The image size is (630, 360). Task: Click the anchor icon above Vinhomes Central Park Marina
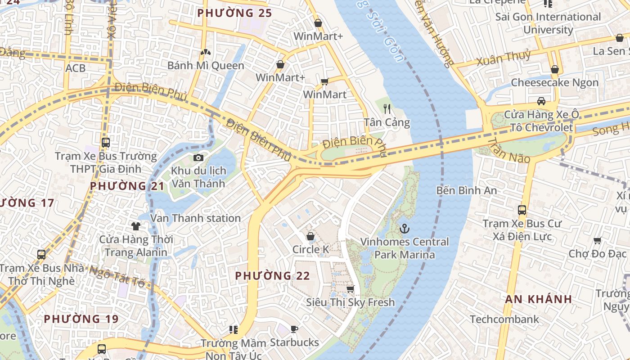405,229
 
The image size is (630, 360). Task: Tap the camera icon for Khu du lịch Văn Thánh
198,157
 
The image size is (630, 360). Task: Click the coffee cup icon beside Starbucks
294,329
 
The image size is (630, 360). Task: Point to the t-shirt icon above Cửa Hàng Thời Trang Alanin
135,226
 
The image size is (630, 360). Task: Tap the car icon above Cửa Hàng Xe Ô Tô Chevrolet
541,101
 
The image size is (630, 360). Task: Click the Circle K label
310,249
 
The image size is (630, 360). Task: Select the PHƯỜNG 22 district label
273,275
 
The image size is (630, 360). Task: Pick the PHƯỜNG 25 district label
234,13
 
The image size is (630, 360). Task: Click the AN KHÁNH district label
538,299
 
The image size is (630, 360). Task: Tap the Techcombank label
504,319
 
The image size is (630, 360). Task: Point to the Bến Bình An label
467,190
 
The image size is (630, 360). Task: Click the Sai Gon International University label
548,23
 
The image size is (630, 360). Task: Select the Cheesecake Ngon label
554,83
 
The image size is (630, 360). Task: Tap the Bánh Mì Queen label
206,66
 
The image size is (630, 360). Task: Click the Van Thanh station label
195,218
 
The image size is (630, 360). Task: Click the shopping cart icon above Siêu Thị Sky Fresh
350,289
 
